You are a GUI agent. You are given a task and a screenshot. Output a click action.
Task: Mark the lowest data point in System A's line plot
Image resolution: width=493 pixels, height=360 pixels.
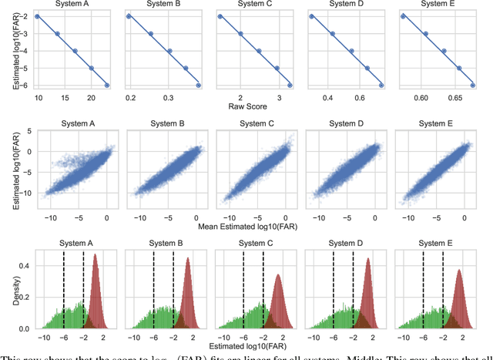(107, 85)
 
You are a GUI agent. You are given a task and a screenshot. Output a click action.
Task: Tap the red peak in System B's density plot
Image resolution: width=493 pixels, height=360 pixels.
(188, 258)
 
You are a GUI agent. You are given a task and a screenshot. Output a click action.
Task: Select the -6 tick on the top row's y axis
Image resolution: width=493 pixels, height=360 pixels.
(23, 85)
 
